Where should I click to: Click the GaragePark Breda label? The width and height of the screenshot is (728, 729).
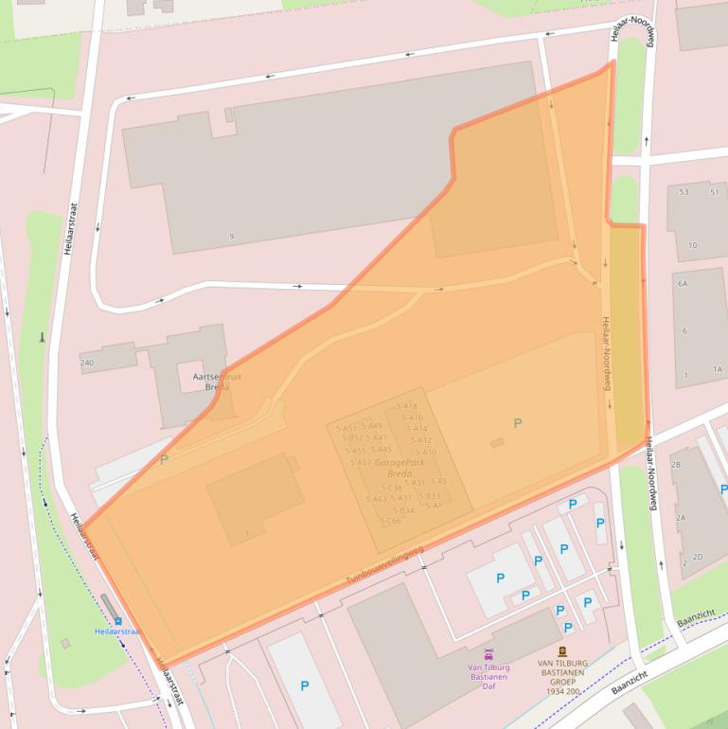[393, 468]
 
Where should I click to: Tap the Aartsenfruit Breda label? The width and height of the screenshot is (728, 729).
[217, 382]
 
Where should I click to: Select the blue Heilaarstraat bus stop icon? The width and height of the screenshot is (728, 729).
[118, 621]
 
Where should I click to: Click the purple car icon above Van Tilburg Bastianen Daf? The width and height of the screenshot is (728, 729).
[488, 654]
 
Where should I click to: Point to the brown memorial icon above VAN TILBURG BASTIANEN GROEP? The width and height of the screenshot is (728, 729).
[562, 651]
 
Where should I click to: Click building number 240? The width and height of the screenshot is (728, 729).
[87, 363]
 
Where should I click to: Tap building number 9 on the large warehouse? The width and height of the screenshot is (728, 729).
[231, 236]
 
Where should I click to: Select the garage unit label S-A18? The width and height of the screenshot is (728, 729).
[407, 406]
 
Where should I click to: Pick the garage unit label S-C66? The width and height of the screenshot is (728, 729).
[390, 521]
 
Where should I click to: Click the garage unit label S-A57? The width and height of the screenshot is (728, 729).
[360, 462]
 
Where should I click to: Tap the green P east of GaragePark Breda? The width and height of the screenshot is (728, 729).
[517, 423]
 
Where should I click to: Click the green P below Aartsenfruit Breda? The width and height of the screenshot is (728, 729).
[164, 460]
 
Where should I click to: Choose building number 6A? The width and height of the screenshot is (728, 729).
[682, 283]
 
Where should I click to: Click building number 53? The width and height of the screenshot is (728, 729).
[684, 192]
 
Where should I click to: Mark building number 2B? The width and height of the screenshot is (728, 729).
[676, 465]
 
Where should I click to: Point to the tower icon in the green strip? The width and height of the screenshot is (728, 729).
[42, 337]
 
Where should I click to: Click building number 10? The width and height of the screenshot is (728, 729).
[692, 245]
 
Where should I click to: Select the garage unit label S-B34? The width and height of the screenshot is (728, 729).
[402, 510]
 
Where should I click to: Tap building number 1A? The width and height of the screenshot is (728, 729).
[718, 369]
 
